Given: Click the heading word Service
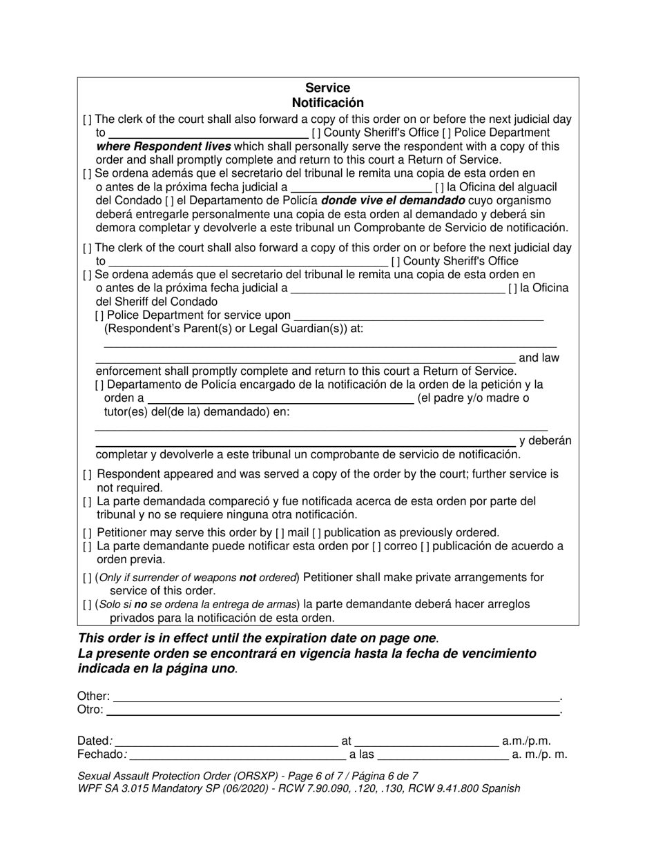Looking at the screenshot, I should click(x=327, y=88).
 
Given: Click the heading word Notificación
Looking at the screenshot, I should click(x=327, y=102).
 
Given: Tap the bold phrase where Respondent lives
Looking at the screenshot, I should click(x=164, y=146).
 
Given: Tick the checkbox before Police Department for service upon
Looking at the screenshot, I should click(x=99, y=315).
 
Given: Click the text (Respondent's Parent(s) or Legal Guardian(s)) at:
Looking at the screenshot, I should click(x=233, y=329).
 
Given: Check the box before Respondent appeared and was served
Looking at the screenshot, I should click(x=87, y=475).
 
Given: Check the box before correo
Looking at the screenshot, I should click(x=376, y=547).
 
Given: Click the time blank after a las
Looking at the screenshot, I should click(x=442, y=755).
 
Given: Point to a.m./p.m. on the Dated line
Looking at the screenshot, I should click(x=526, y=741).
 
